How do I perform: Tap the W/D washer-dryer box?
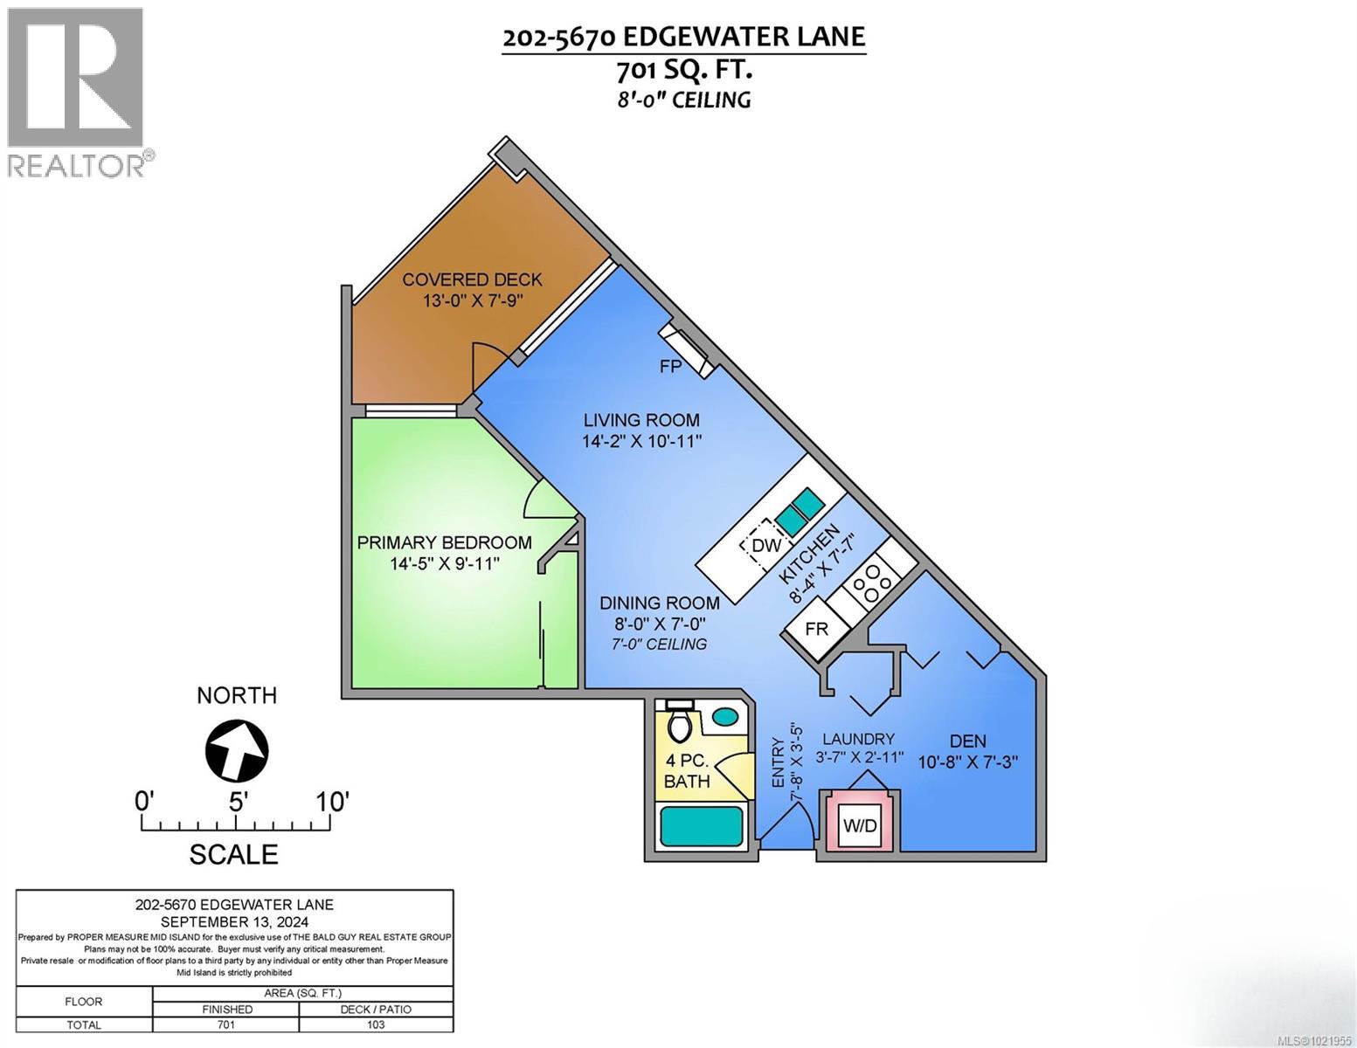click(859, 824)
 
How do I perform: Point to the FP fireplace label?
click(670, 367)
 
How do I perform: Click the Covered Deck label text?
click(472, 279)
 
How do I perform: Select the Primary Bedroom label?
click(444, 542)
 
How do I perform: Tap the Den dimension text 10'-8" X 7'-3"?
click(968, 762)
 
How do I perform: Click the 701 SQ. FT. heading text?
click(683, 68)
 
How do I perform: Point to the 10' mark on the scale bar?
click(333, 801)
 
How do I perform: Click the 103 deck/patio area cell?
click(376, 1025)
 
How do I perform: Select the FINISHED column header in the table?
click(225, 1009)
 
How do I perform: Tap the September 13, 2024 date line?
click(234, 921)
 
